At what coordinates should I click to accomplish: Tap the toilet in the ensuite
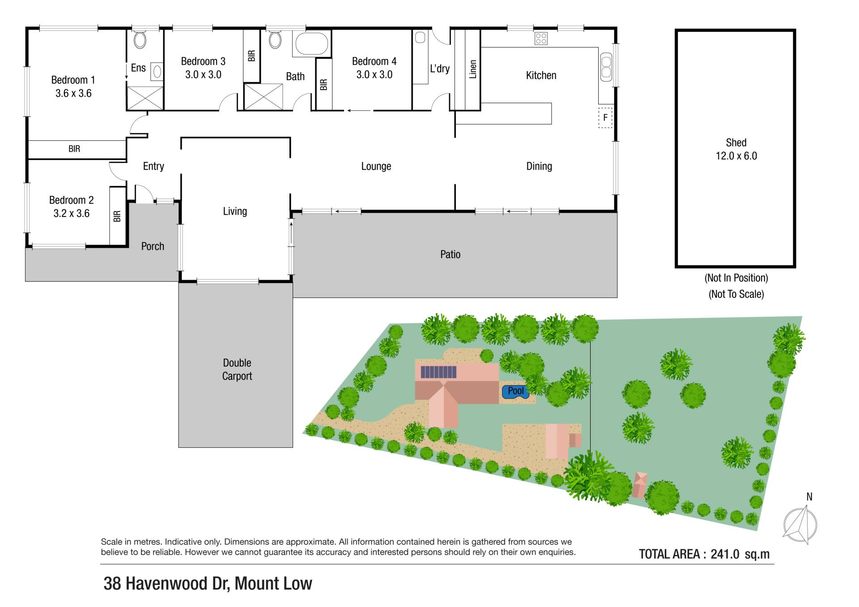coord(140,40)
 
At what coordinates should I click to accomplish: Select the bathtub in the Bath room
coord(312,44)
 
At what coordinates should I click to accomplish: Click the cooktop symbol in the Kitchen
coord(541,38)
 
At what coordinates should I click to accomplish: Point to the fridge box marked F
coord(605,117)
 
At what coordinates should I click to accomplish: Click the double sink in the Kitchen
coord(606,67)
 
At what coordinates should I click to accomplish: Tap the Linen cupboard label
coord(473,69)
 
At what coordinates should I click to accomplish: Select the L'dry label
coord(440,68)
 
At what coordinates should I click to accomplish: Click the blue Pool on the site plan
coord(516,391)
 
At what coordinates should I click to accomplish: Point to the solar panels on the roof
coord(438,372)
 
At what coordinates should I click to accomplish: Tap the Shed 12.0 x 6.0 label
coord(736,149)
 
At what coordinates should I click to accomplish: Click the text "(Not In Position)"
coord(736,278)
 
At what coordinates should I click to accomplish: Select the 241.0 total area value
coord(725,554)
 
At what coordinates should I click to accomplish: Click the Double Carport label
coord(237,369)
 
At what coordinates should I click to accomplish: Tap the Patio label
coord(450,255)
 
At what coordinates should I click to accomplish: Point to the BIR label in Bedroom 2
coord(117,216)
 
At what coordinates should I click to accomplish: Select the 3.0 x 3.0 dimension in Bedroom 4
coord(374,75)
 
